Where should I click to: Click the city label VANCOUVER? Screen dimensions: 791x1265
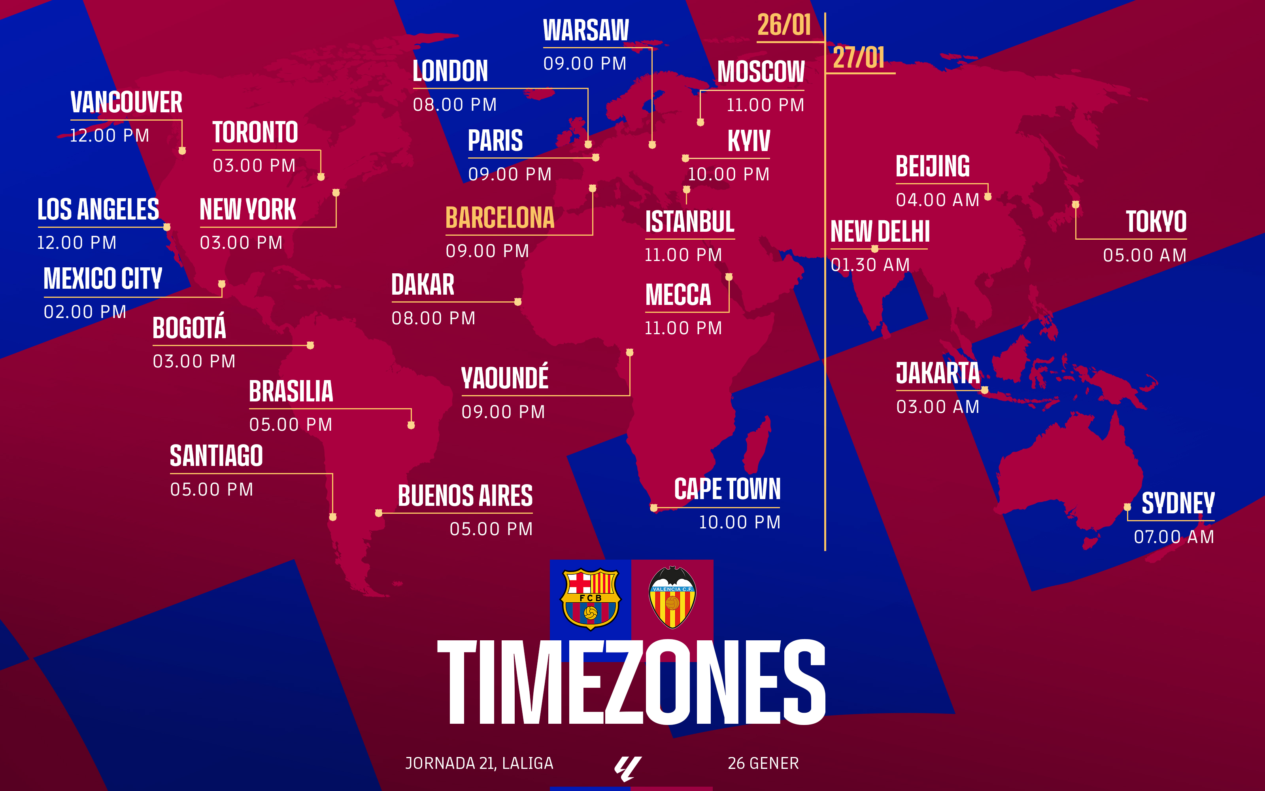[x=126, y=102]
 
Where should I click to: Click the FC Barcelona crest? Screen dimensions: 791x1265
[x=590, y=599]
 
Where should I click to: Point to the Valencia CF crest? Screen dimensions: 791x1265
[x=672, y=598]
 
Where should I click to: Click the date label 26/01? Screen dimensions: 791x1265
[x=784, y=25]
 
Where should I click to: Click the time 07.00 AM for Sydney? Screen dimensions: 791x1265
[x=1174, y=537]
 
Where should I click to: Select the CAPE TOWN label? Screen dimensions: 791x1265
[x=727, y=489]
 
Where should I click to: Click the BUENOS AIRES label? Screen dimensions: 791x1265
[x=465, y=496]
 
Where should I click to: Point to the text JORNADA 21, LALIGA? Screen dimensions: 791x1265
[x=479, y=763]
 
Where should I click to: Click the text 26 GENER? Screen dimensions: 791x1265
[x=763, y=763]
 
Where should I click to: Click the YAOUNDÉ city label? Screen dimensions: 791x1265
[x=504, y=378]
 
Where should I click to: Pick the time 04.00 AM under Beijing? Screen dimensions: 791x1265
[x=937, y=200]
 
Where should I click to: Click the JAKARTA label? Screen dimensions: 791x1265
[x=938, y=373]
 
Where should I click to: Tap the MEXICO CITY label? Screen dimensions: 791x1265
[x=102, y=278]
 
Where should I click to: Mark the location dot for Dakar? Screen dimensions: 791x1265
[x=517, y=302]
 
